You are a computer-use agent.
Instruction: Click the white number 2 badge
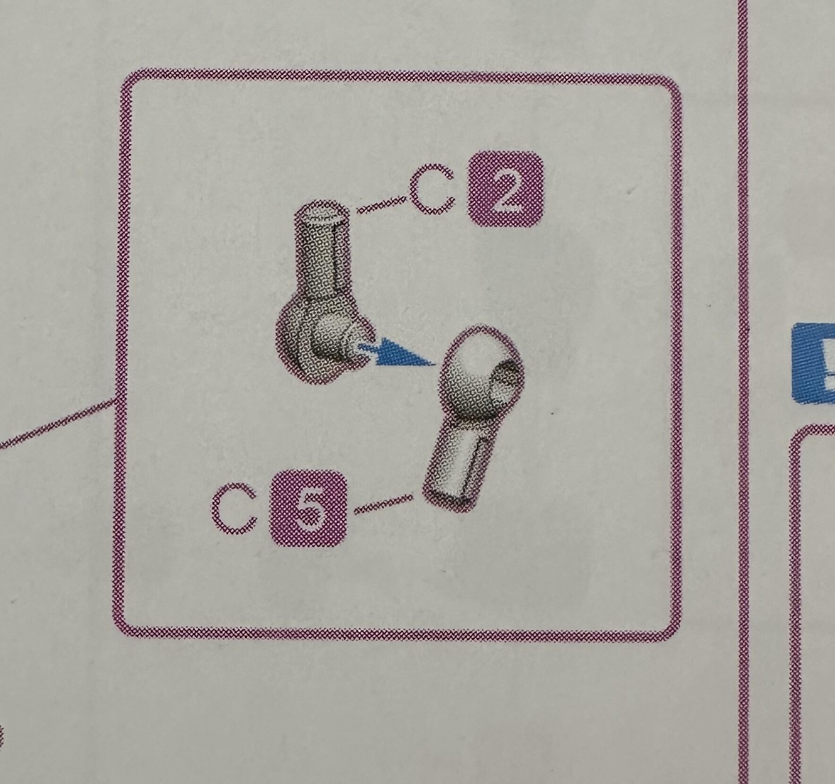tap(505, 190)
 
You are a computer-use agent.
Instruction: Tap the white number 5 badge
tap(308, 509)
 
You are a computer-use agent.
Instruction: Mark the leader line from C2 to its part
tap(382, 204)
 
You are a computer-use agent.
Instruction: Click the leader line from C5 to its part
tap(383, 503)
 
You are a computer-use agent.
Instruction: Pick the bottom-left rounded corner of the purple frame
tap(127, 625)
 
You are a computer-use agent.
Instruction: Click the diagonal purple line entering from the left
tap(58, 423)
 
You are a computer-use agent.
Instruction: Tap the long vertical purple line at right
tap(743, 392)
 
